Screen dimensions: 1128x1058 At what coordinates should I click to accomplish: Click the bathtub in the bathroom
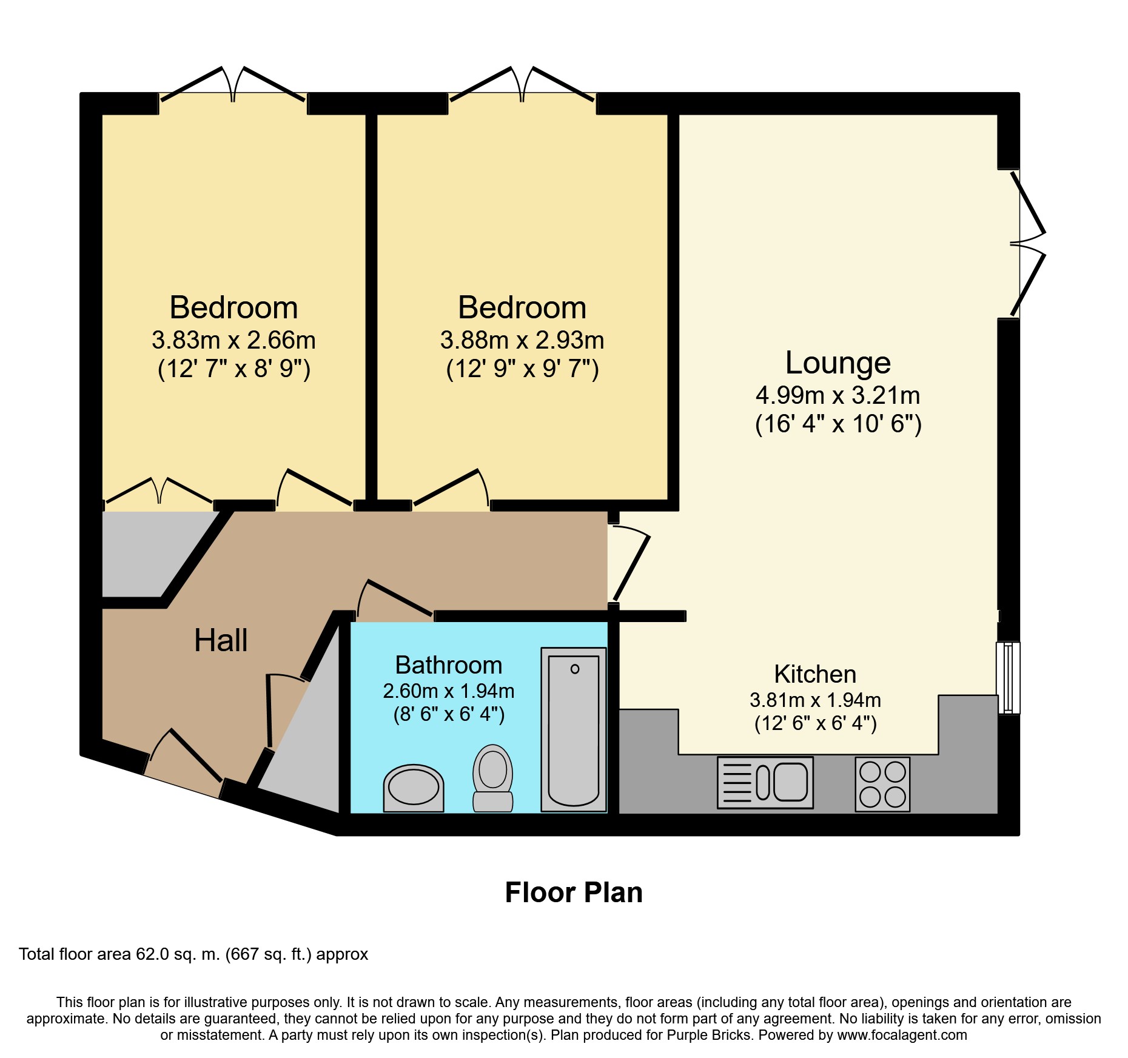[574, 729]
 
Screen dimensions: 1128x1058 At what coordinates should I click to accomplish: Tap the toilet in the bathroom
[492, 778]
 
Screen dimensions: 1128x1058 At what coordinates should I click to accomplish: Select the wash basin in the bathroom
[414, 788]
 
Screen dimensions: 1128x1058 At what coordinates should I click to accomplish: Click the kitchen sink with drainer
[765, 782]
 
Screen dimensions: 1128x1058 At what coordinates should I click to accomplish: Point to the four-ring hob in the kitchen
[882, 784]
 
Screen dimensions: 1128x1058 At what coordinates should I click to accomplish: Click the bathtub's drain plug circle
[575, 669]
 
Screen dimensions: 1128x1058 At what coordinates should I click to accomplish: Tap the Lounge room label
[838, 363]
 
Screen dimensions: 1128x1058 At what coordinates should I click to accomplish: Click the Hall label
[221, 640]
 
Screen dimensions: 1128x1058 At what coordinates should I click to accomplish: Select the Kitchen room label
[815, 674]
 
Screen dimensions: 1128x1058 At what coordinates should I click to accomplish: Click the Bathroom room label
[449, 665]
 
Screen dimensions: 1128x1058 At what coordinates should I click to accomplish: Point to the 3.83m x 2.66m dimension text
[233, 340]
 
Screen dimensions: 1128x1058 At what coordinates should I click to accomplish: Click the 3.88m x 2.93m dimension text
[522, 340]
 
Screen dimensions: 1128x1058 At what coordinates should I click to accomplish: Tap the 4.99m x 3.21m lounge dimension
[838, 395]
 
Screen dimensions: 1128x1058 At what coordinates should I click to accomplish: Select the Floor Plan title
[574, 892]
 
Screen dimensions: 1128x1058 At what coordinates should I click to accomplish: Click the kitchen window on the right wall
[1008, 678]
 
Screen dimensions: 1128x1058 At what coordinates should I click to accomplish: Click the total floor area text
[193, 954]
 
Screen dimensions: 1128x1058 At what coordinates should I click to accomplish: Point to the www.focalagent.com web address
[902, 1035]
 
